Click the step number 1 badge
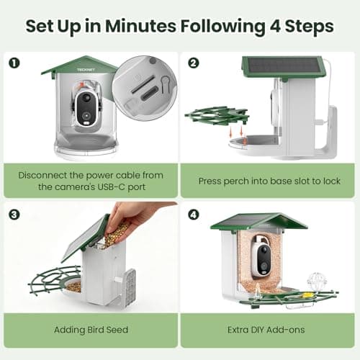(x=14, y=62)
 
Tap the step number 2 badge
(x=192, y=62)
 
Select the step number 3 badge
(x=14, y=213)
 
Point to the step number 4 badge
(x=192, y=213)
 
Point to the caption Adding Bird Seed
(x=90, y=330)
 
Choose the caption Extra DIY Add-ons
(x=269, y=330)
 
